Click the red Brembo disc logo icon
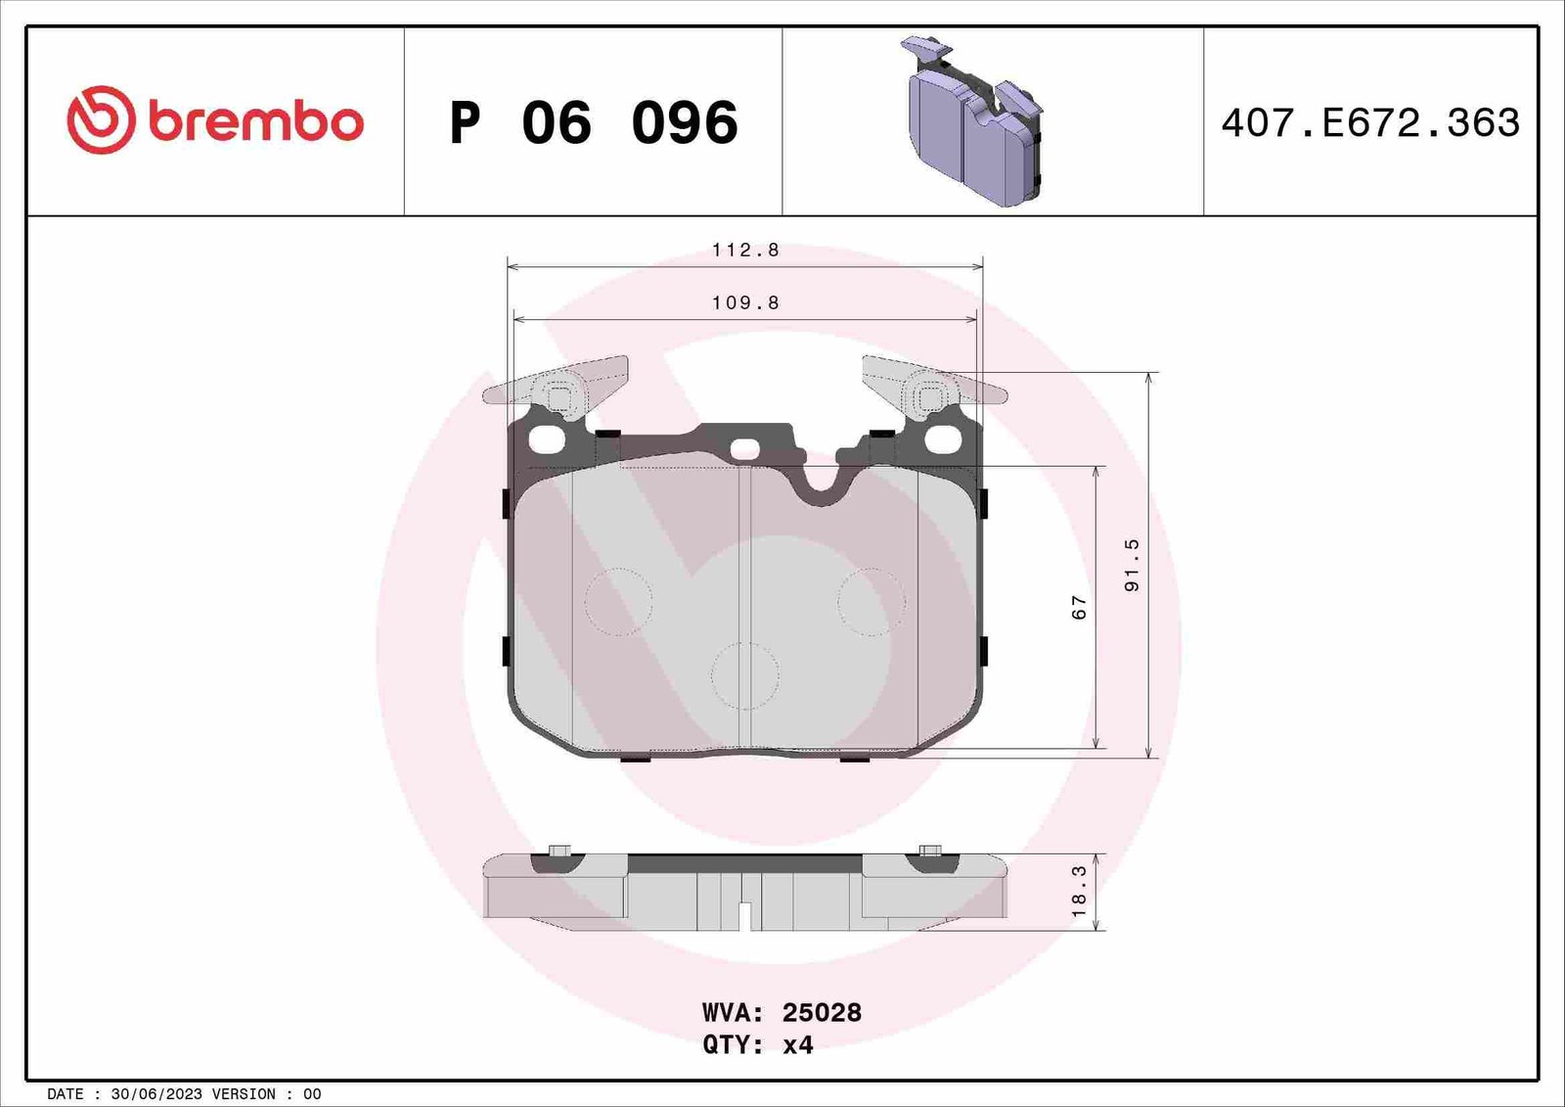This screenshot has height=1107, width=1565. [x=101, y=120]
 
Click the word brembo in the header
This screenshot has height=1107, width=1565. [x=255, y=122]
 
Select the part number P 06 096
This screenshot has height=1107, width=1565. [x=594, y=122]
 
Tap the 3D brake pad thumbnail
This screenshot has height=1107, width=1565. [x=975, y=120]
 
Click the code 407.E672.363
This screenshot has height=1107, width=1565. [x=1370, y=123]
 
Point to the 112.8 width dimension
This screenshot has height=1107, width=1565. [x=745, y=250]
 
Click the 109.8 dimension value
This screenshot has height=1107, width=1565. [x=745, y=302]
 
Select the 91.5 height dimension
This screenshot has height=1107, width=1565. [x=1132, y=565]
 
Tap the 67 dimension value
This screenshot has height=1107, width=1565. [x=1080, y=607]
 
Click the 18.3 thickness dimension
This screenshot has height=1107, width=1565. [x=1080, y=892]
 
